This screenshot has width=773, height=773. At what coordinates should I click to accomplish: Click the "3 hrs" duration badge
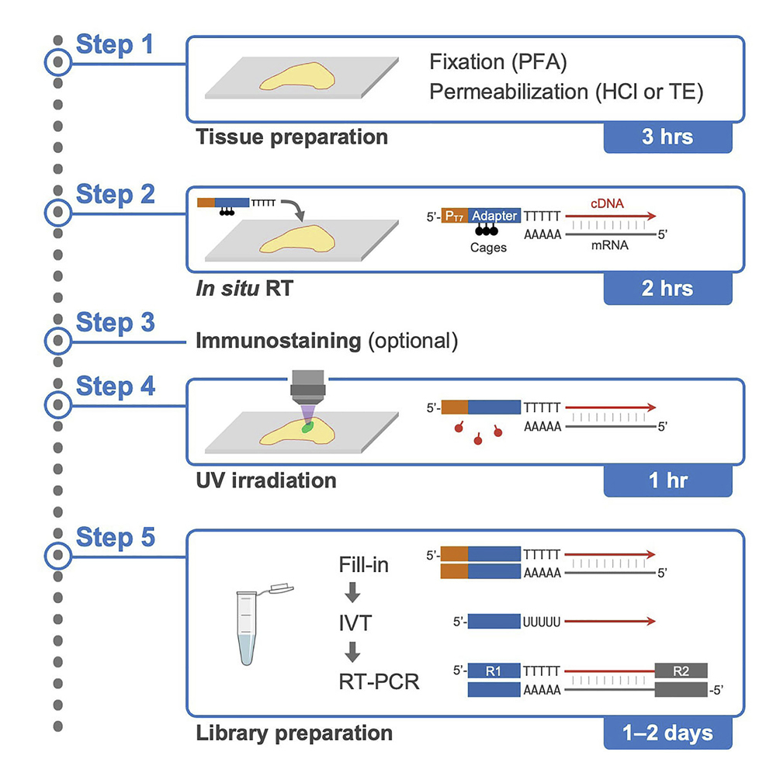[x=667, y=137]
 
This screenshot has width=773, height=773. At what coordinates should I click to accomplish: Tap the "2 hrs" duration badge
[x=667, y=289]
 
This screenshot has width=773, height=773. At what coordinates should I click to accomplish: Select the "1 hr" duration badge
[x=667, y=480]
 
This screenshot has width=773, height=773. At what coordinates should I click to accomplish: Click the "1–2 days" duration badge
[x=667, y=732]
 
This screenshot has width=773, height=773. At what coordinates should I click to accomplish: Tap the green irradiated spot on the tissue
[x=307, y=426]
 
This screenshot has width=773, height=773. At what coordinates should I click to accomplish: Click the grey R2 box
[x=681, y=670]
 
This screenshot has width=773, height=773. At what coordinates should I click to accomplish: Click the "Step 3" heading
[x=115, y=324]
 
